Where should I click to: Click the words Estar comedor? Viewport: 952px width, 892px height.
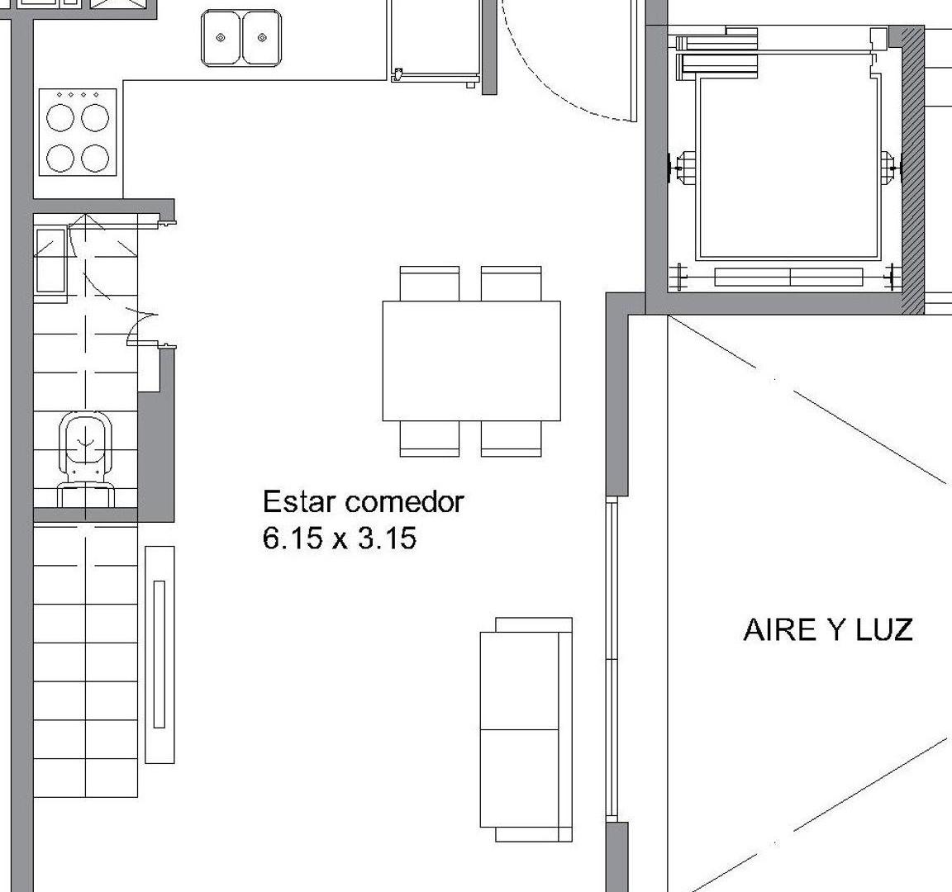coord(363,502)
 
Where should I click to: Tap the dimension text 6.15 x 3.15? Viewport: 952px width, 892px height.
coord(340,539)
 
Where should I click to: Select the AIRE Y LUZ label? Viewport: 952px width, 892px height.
coord(828,630)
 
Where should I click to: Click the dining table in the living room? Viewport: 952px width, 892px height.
coord(471,360)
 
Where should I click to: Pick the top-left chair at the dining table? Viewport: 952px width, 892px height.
coord(429,283)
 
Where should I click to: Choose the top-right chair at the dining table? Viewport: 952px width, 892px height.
coord(511,283)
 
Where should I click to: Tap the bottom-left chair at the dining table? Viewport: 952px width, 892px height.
coord(429,438)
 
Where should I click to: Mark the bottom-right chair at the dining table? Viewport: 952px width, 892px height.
coord(511,438)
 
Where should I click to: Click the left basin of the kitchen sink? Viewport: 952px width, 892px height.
coord(221,38)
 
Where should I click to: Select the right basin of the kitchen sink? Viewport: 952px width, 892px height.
coord(262,38)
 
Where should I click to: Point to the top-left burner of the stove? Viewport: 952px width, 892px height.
coord(60,118)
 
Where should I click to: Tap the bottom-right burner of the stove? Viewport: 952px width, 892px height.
coord(95,158)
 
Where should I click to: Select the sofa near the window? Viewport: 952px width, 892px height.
coord(526,729)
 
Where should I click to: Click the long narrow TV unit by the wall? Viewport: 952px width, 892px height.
coord(159,654)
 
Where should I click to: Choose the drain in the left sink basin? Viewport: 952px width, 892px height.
coord(221,38)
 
